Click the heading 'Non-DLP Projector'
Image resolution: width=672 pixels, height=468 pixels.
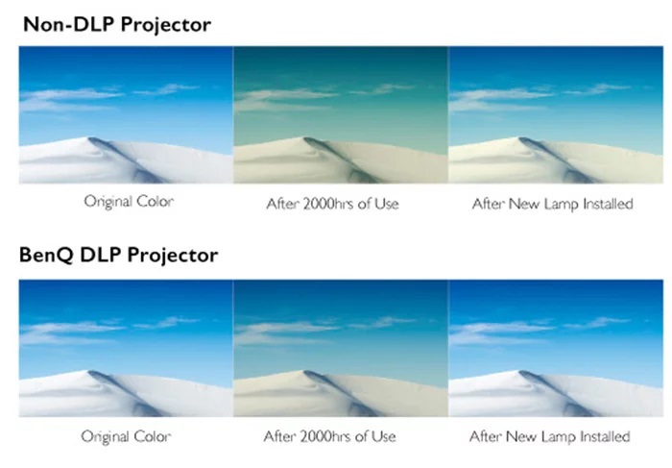click(117, 24)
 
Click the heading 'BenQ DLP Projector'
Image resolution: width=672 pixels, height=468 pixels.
click(119, 256)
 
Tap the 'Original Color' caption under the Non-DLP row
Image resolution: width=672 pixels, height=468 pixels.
click(129, 201)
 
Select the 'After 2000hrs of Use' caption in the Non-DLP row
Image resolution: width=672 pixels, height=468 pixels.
click(332, 204)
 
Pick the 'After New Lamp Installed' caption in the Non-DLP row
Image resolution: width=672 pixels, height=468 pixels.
click(552, 204)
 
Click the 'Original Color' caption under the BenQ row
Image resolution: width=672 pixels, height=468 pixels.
click(126, 436)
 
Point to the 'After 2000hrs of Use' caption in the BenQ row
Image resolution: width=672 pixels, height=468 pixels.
click(329, 436)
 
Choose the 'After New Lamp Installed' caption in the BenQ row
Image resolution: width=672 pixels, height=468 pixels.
click(550, 436)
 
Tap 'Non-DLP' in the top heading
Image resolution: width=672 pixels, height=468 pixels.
click(68, 24)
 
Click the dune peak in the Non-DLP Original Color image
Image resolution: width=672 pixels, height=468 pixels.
click(90, 138)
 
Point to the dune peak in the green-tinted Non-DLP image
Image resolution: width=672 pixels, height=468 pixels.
click(305, 138)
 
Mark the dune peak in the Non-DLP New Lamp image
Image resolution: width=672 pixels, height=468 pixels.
click(520, 138)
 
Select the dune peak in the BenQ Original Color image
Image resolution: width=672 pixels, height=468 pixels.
click(90, 372)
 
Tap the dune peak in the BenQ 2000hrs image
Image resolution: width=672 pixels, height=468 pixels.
click(305, 372)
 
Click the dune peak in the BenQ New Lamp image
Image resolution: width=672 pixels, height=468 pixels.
click(520, 372)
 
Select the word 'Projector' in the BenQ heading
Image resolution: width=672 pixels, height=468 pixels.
click(173, 256)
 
